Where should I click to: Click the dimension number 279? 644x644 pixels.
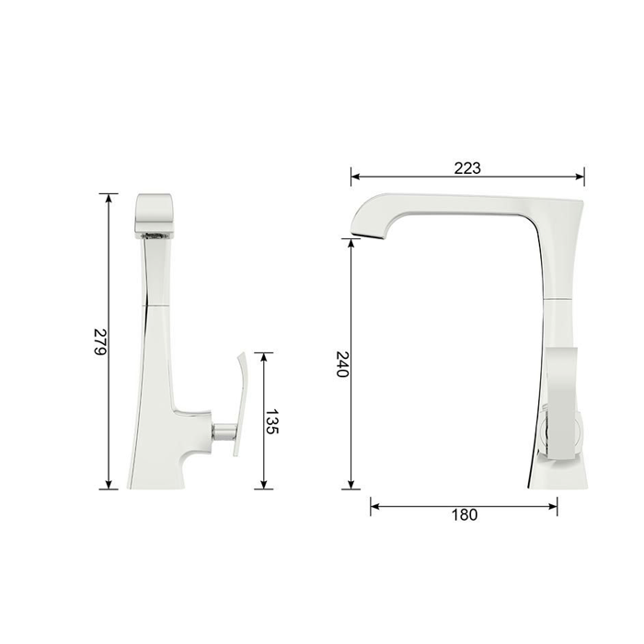tap(100, 341)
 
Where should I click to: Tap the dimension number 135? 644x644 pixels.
tap(272, 421)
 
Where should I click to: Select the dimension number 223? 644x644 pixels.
tap(467, 168)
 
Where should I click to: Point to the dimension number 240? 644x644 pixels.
tap(342, 364)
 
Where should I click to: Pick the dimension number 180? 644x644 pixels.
tap(465, 514)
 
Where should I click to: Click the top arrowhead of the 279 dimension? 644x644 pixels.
tap(109, 198)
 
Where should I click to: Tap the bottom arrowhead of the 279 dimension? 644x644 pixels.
tap(109, 485)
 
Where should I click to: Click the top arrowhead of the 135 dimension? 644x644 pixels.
tap(264, 357)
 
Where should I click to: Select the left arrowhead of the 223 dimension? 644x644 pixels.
tap(356, 177)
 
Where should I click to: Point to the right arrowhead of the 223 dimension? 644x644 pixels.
tap(580, 177)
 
